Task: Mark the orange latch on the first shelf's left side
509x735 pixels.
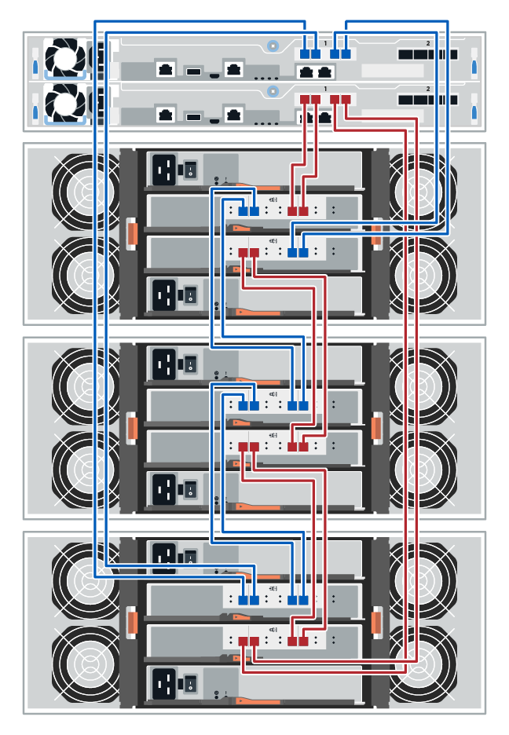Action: coord(131,233)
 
